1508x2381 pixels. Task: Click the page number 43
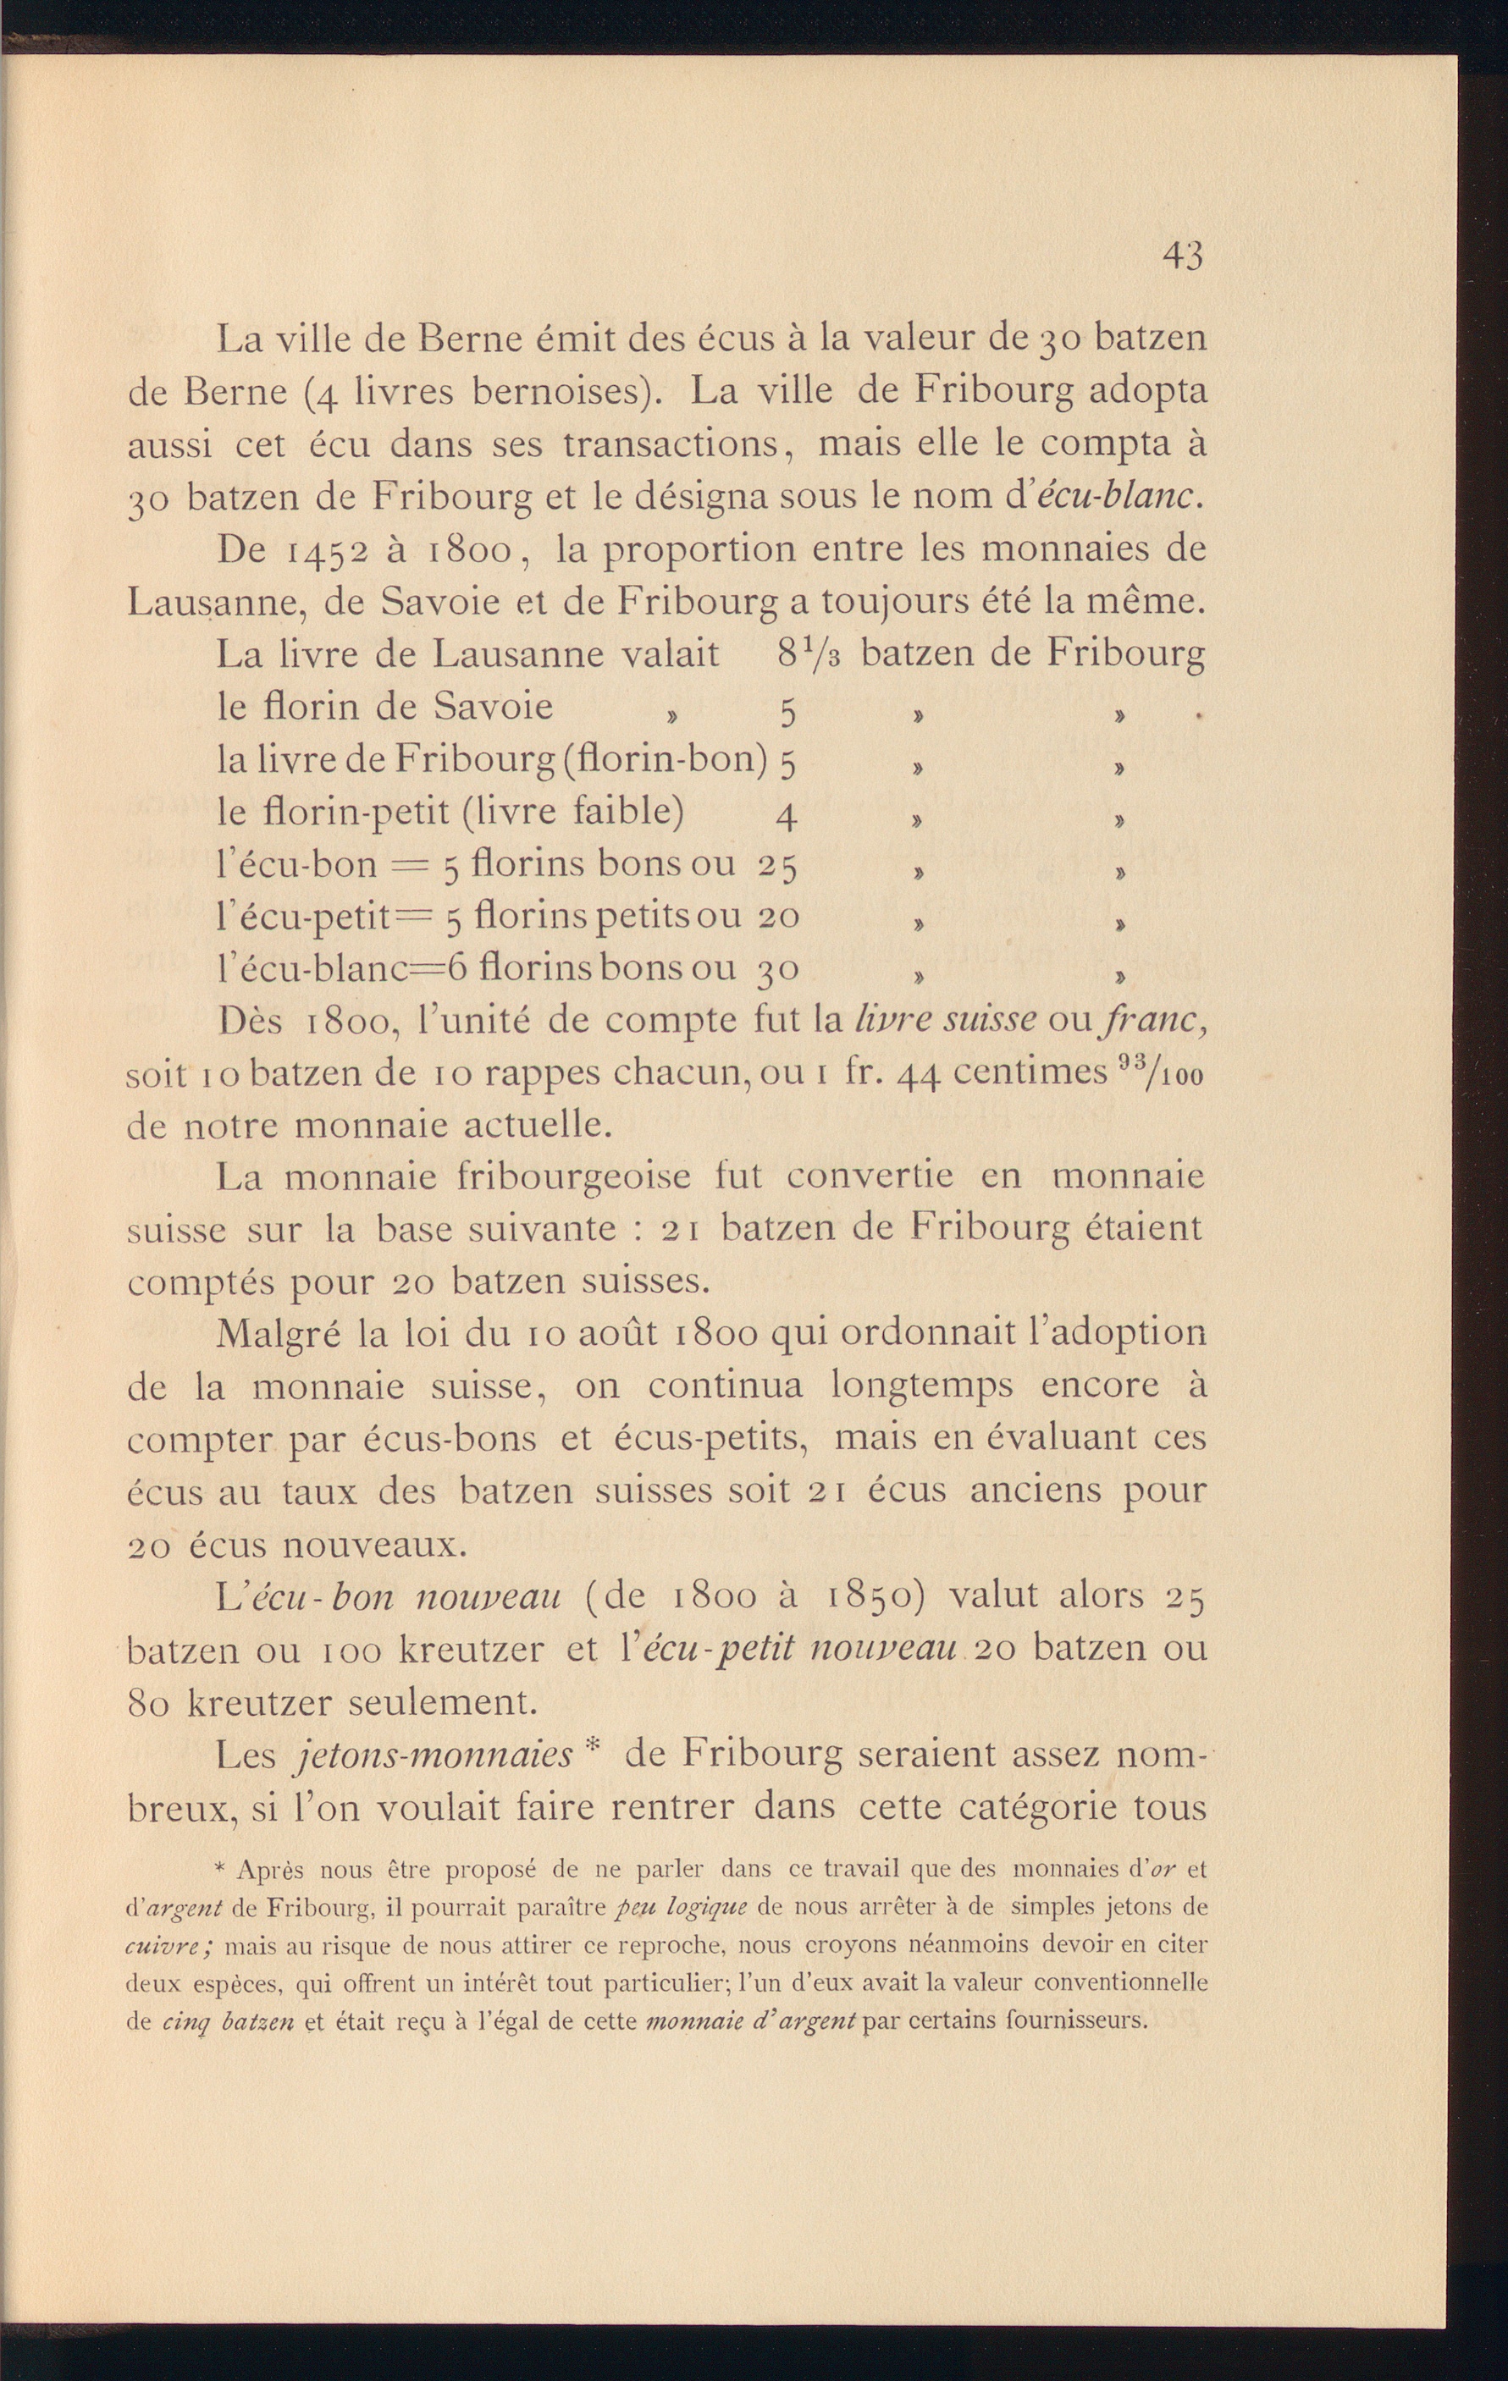pos(1183,257)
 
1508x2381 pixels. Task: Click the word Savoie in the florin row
pos(493,708)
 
